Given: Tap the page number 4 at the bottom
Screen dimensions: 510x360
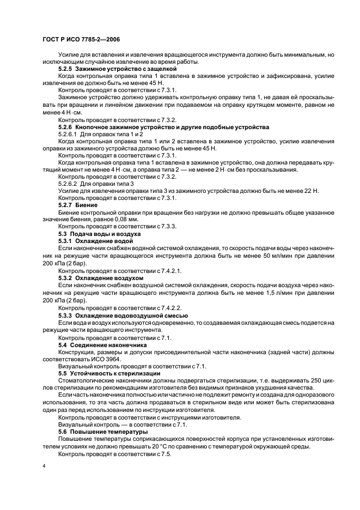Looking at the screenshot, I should tap(44, 467).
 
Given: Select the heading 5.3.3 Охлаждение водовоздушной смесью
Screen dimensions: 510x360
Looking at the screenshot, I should tap(123, 315).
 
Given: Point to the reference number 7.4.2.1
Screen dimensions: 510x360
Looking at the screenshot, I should tap(170, 270).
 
